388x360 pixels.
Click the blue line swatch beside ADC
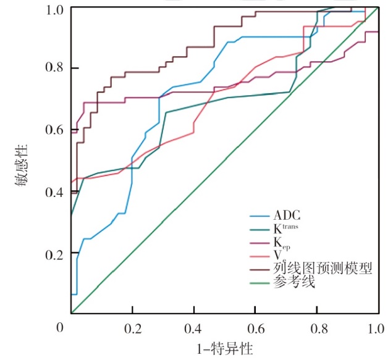259,217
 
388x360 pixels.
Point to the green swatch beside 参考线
259,282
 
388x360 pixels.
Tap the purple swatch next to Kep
259,242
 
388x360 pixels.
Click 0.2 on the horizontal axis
132,327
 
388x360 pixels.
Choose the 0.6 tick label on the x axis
255,327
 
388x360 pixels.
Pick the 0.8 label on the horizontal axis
316,327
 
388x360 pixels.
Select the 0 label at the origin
61,327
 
